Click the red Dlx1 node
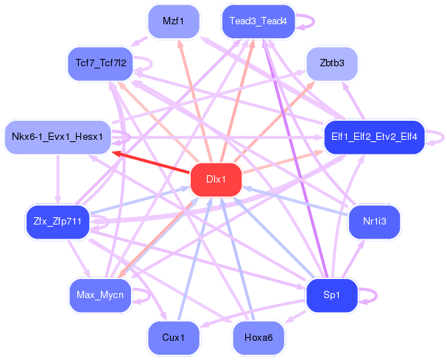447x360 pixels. click(216, 180)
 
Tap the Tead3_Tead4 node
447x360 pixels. click(252, 21)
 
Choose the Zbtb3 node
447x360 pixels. click(332, 63)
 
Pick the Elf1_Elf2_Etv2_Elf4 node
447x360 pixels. click(374, 136)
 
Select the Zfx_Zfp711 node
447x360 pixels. click(57, 219)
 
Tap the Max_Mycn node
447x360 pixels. click(99, 295)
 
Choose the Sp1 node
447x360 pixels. click(331, 295)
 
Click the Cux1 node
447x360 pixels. click(172, 338)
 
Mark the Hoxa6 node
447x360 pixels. click(257, 338)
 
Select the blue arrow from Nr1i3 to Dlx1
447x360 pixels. click(295, 200)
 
